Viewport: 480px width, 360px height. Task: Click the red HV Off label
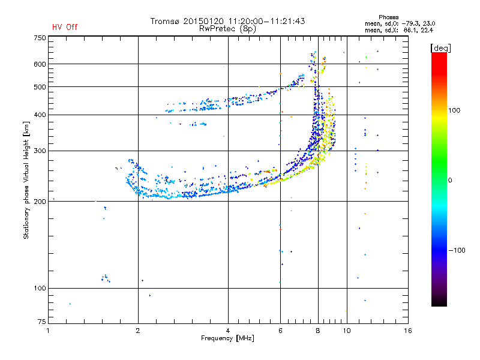point(65,27)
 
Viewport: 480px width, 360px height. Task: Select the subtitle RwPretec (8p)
point(227,29)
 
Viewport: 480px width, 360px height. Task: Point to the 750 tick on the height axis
point(40,38)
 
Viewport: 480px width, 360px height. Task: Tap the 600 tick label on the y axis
point(40,64)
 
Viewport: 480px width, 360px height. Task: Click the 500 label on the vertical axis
point(40,87)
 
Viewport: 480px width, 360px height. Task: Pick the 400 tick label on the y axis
point(40,115)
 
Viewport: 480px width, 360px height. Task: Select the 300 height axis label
point(40,151)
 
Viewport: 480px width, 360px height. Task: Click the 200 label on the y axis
point(40,202)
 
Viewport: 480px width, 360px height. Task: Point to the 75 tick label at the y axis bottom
point(42,322)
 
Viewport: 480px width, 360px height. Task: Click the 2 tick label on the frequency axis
point(138,331)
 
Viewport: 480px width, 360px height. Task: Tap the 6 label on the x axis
point(280,331)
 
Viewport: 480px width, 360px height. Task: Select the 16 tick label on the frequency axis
point(408,331)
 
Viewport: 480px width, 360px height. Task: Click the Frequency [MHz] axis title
point(227,338)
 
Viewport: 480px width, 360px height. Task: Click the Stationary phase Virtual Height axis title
point(26,181)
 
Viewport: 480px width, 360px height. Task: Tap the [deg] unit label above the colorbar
point(440,49)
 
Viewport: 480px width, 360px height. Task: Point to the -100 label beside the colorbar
point(457,250)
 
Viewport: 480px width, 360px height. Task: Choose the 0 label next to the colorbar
point(450,181)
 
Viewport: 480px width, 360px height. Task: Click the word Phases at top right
point(388,17)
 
